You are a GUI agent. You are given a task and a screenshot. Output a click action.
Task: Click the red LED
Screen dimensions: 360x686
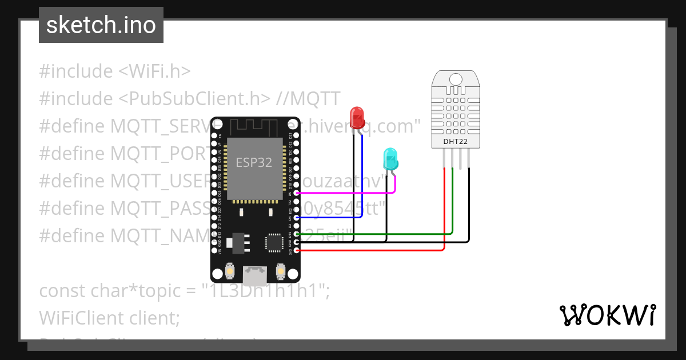tap(357, 117)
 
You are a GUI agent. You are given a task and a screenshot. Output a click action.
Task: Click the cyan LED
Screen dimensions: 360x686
tap(390, 158)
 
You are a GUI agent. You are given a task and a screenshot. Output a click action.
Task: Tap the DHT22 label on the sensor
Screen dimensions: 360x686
tap(456, 141)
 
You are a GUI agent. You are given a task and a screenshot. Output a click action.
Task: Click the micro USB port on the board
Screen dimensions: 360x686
tap(254, 276)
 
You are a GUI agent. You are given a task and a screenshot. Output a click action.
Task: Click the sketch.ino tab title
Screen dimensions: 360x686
tap(101, 25)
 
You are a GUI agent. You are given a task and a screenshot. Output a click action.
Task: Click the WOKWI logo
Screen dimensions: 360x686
tap(607, 315)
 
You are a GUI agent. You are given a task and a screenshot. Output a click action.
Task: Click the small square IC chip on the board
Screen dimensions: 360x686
tap(273, 242)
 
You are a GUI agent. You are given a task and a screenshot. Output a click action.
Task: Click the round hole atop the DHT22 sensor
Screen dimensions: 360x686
tap(456, 78)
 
